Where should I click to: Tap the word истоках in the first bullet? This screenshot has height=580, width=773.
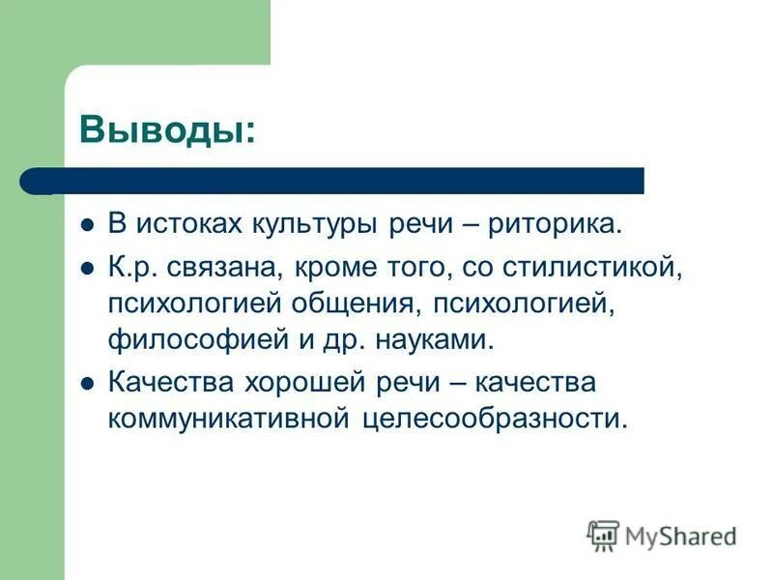tap(189, 224)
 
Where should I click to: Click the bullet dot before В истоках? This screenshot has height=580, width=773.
tap(86, 225)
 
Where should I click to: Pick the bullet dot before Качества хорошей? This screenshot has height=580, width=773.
tap(86, 383)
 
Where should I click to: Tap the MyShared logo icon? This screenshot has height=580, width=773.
tap(603, 535)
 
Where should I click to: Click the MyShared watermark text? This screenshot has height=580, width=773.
tap(681, 536)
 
